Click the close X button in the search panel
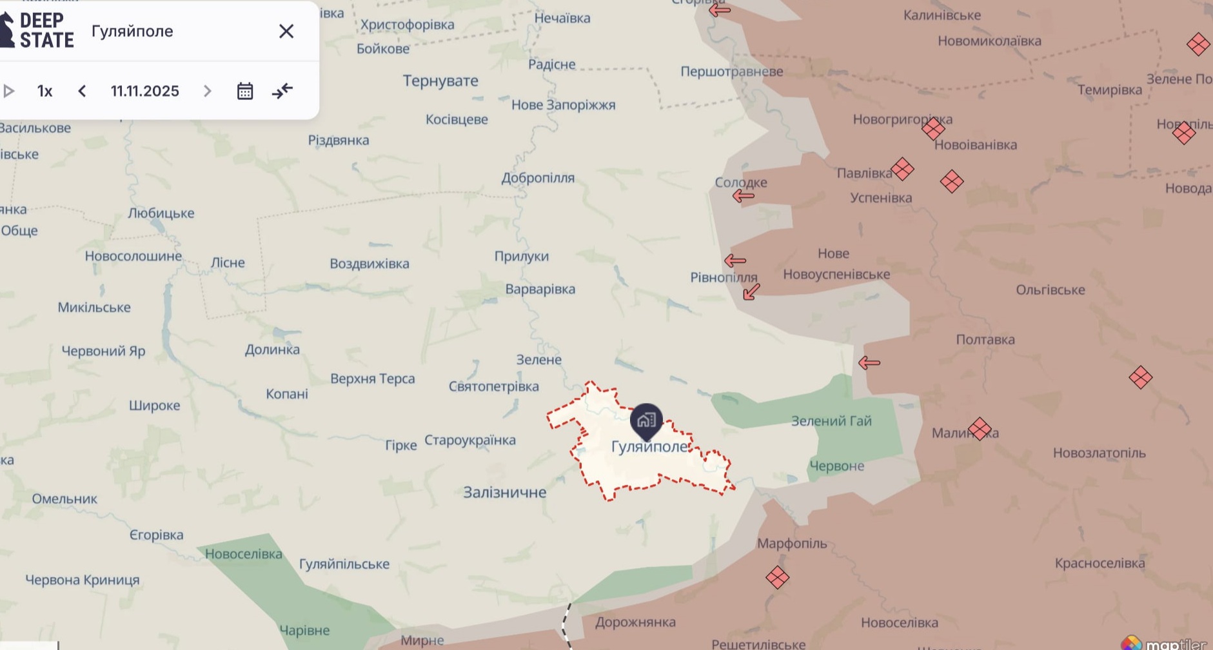286,31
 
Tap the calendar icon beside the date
245,91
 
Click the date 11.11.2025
144,91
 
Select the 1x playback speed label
44,91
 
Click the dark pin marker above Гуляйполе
646,420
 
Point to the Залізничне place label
504,493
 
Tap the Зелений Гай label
831,421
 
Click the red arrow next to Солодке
744,196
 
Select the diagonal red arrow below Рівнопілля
751,292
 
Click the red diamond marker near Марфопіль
777,577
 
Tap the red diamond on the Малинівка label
980,429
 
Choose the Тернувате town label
440,81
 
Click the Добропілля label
538,178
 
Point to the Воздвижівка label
369,264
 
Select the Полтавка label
985,340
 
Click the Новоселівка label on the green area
243,554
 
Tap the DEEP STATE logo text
46,30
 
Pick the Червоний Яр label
103,351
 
